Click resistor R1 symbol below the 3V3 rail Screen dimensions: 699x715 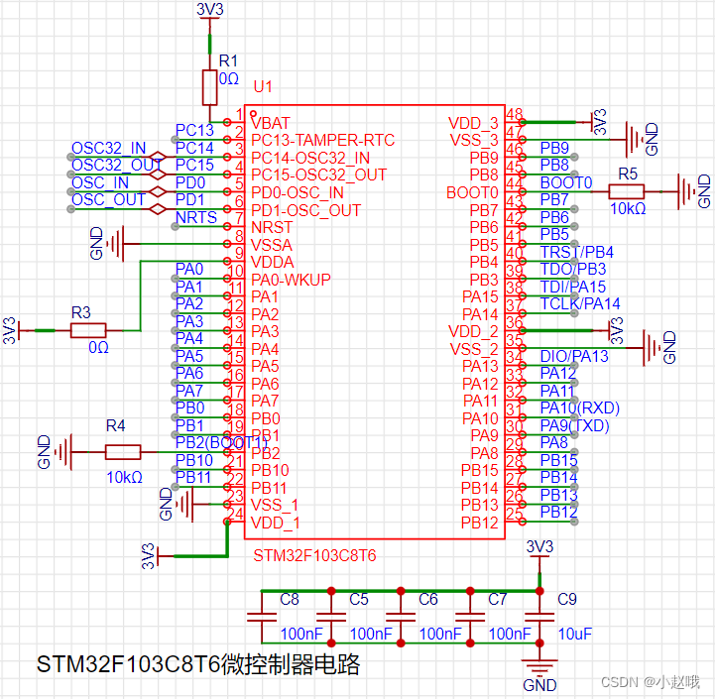(x=209, y=87)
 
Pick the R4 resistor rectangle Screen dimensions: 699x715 (x=123, y=452)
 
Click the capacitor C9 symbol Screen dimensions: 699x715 (x=537, y=617)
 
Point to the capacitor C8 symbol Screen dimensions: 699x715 (x=261, y=617)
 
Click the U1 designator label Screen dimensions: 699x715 (x=262, y=87)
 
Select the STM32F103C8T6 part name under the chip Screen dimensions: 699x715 (x=314, y=555)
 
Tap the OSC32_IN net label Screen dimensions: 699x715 (x=108, y=148)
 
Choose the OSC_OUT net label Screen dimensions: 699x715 (x=108, y=200)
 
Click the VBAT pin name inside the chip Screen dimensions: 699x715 (x=271, y=123)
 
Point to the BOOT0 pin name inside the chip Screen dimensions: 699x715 (x=473, y=192)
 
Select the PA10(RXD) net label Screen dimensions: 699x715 (x=580, y=408)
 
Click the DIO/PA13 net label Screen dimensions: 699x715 (x=574, y=356)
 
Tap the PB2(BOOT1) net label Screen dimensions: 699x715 (x=220, y=442)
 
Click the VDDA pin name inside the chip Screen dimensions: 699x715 (x=272, y=262)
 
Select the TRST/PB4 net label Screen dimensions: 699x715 (x=577, y=252)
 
